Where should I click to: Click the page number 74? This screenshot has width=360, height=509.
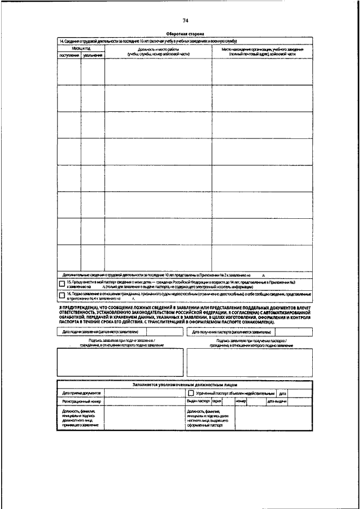tap(186, 21)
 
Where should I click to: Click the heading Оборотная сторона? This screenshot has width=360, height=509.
tap(186, 34)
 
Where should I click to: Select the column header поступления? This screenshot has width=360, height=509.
tap(69, 55)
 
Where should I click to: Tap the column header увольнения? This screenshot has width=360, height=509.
tap(93, 55)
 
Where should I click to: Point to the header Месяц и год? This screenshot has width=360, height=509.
tap(81, 49)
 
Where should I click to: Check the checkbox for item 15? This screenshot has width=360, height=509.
tap(62, 283)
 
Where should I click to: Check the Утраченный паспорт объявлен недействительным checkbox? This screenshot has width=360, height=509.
tap(191, 393)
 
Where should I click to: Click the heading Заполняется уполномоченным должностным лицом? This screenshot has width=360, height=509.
tap(185, 385)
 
